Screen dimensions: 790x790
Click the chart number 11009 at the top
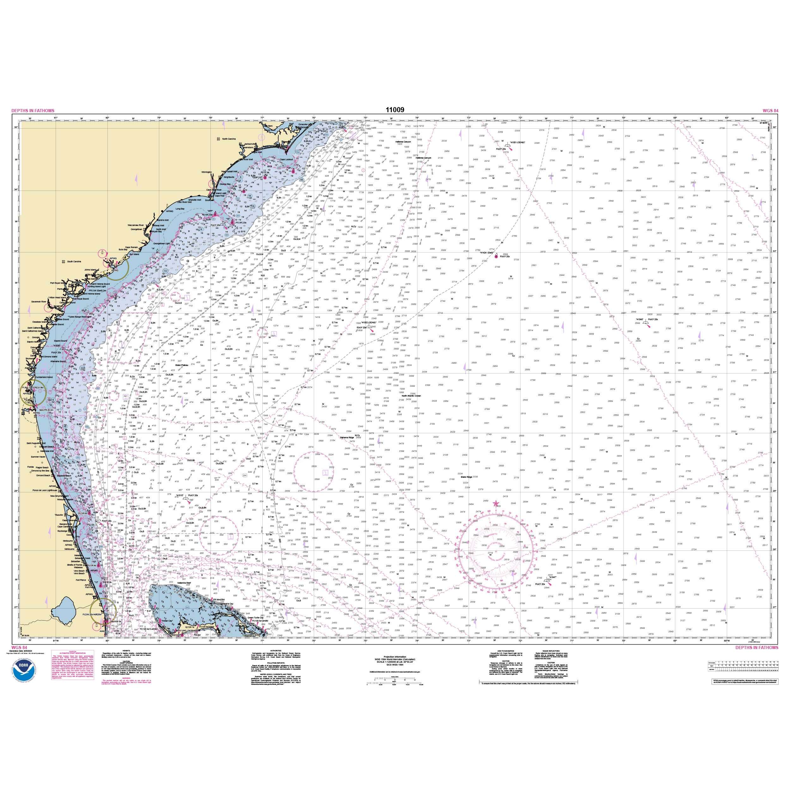pos(395,110)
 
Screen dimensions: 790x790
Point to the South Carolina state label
pos(74,261)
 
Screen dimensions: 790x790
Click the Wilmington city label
pos(206,172)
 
